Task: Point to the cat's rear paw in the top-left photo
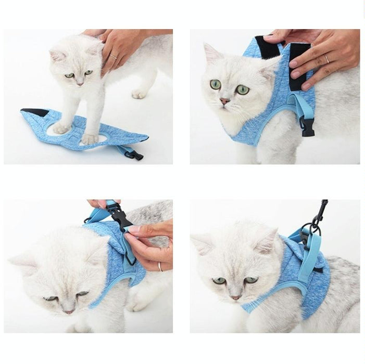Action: [139, 94]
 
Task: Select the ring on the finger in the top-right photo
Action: [326, 59]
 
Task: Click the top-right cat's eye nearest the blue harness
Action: [243, 89]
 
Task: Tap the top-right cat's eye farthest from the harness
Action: [215, 84]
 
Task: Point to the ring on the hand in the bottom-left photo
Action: [160, 267]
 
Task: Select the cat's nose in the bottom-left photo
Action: [68, 310]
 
